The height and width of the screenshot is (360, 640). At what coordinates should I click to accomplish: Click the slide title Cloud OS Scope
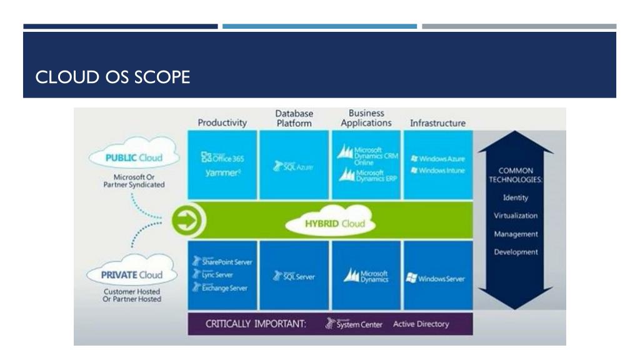pyautogui.click(x=112, y=77)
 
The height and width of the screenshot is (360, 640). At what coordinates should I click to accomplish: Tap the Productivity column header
pyautogui.click(x=222, y=122)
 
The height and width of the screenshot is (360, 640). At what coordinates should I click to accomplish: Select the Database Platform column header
pyautogui.click(x=294, y=118)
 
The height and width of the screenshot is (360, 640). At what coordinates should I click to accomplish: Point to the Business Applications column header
pyautogui.click(x=366, y=118)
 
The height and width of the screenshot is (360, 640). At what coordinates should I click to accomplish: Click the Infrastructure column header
pyautogui.click(x=437, y=123)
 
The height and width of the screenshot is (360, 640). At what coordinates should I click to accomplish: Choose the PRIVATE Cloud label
pyautogui.click(x=133, y=274)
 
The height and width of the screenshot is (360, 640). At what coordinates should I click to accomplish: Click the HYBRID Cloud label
pyautogui.click(x=331, y=223)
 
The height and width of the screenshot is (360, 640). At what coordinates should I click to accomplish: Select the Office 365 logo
pyautogui.click(x=222, y=158)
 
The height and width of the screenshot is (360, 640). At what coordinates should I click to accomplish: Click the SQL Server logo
pyautogui.click(x=294, y=276)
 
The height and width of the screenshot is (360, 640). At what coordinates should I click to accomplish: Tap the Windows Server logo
pyautogui.click(x=436, y=278)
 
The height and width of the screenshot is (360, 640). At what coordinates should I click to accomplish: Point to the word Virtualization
pyautogui.click(x=516, y=216)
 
